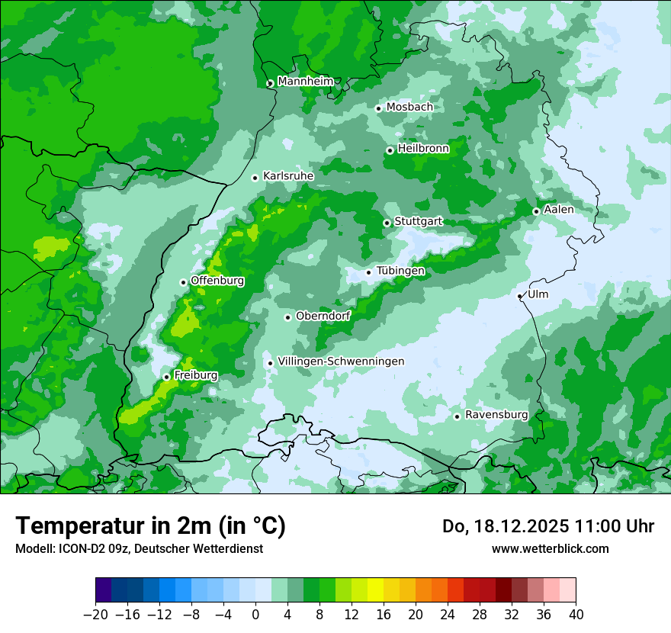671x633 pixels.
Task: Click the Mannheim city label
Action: tap(304, 82)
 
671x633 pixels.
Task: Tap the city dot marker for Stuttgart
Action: tap(387, 223)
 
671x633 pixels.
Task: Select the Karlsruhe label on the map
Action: tap(288, 176)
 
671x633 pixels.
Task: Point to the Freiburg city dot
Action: tap(166, 377)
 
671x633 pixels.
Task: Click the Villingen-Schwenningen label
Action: tap(341, 361)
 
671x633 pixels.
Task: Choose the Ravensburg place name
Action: tap(496, 415)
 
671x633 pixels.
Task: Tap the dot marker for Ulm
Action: tap(519, 296)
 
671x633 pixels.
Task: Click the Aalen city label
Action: tap(559, 210)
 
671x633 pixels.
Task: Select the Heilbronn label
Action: tap(423, 149)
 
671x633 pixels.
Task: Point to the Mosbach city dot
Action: tap(378, 108)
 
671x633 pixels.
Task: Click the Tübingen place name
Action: tap(400, 271)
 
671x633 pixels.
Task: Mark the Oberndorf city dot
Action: tap(287, 317)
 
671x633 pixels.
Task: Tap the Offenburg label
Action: tap(217, 281)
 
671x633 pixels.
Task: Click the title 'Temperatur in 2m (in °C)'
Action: tap(150, 526)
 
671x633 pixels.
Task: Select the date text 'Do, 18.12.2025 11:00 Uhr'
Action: tap(548, 526)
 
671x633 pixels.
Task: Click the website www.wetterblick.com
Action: tap(550, 548)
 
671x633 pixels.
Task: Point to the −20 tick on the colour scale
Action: tap(96, 614)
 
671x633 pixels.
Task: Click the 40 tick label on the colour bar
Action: tap(576, 614)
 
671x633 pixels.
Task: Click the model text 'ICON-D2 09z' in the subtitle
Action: tap(88, 548)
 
